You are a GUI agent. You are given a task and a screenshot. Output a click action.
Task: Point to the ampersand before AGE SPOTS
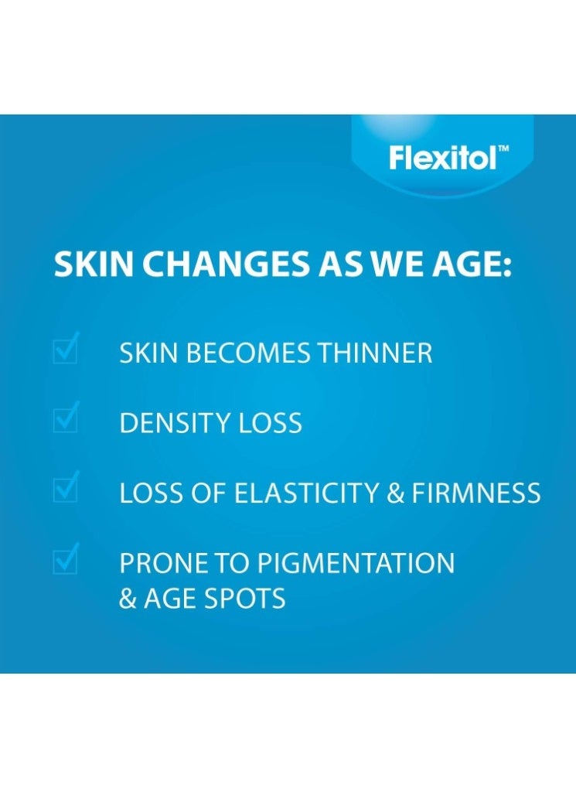128,598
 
